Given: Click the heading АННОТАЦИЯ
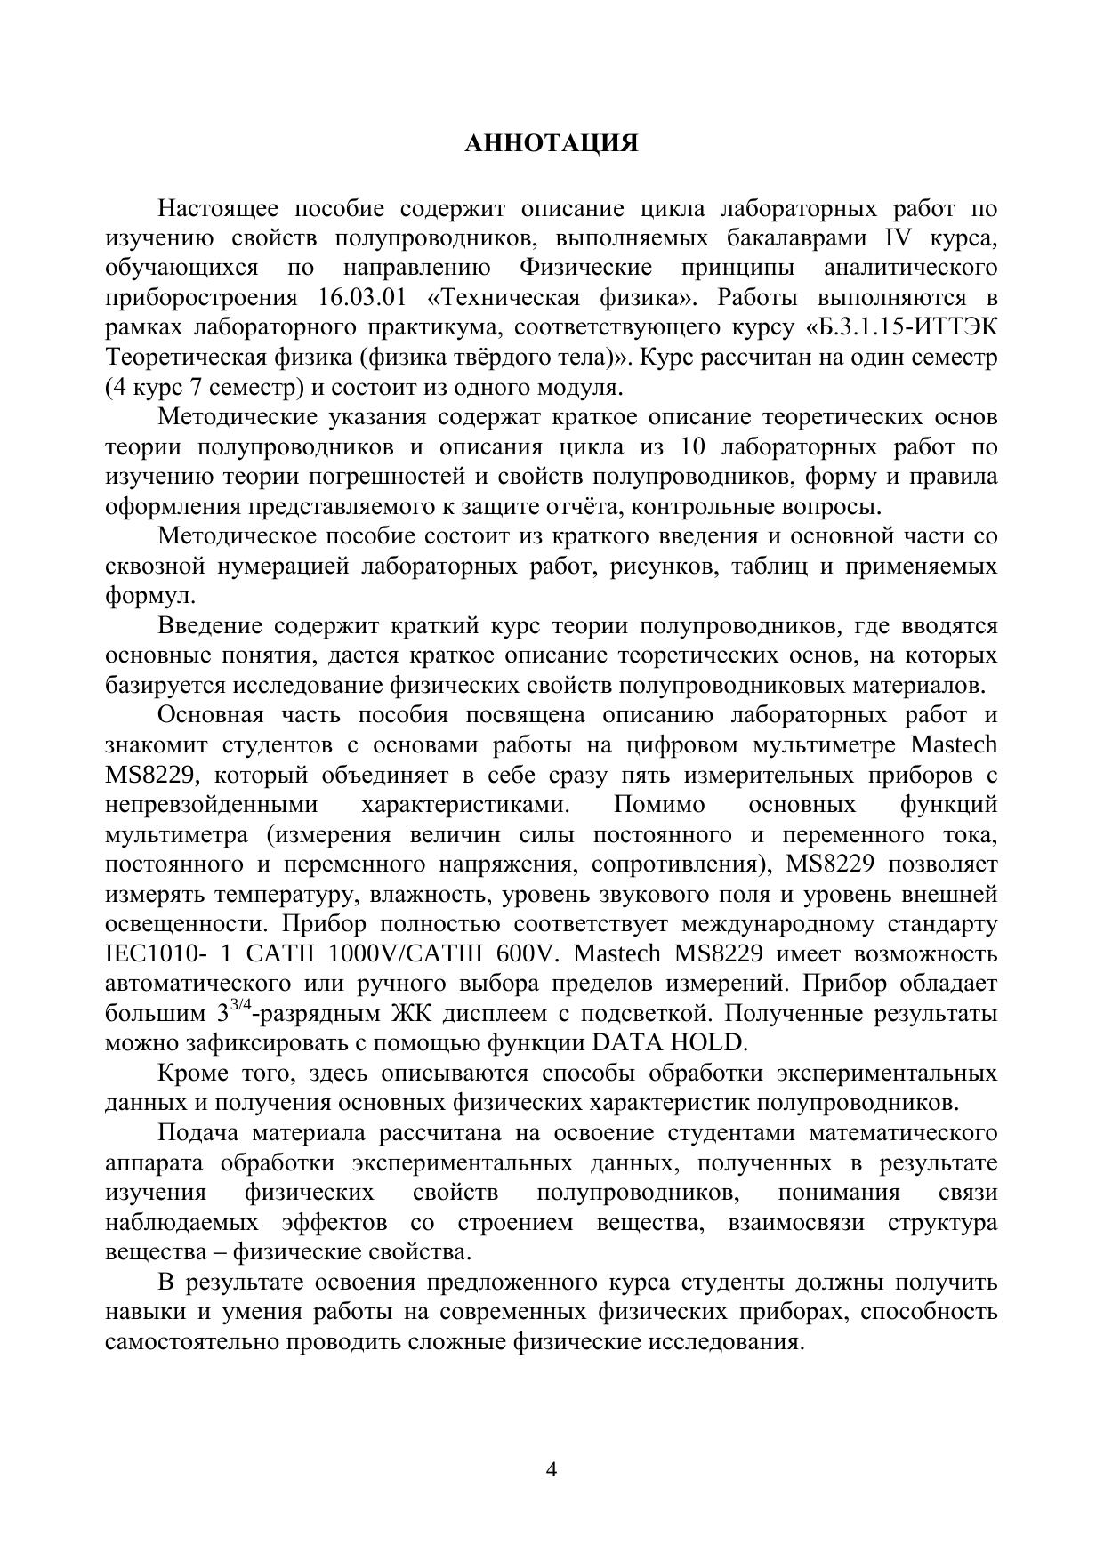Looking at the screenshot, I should pyautogui.click(x=552, y=144).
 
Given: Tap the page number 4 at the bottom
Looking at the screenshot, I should pyautogui.click(x=552, y=1469).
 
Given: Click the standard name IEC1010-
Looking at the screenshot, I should pyautogui.click(x=156, y=953).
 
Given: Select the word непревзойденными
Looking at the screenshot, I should pyautogui.click(x=211, y=805).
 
